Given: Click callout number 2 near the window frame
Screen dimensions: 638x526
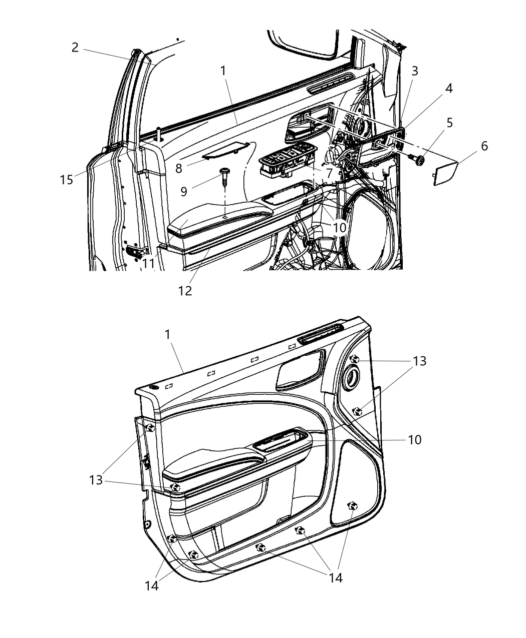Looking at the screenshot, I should pos(75,48).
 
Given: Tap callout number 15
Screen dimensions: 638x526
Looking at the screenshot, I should pos(67,179).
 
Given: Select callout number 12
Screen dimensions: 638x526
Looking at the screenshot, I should pos(185,290).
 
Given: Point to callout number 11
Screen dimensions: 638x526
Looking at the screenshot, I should pos(148,262).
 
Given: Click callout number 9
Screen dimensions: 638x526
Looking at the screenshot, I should pos(184,191).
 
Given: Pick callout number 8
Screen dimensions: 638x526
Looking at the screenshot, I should pos(179,168).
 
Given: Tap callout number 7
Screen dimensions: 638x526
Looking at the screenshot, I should pos(329,174).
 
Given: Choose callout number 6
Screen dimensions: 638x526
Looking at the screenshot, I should pos(484,146).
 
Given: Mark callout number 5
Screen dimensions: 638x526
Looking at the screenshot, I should pos(449,123).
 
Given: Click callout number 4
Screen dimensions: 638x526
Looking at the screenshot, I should pos(448,89).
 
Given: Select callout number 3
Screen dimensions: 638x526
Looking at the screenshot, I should pos(415,71).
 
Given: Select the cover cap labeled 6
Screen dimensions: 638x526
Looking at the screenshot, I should pos(446,172).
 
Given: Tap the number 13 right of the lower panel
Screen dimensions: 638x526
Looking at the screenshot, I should pos(419,361).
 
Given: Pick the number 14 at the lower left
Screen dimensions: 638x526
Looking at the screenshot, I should pos(151,585).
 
